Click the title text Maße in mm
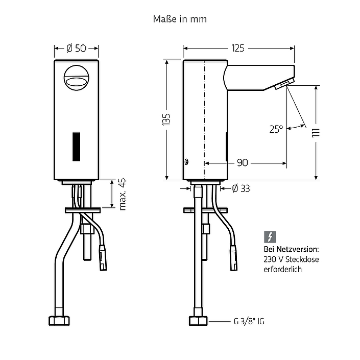click(x=180, y=19)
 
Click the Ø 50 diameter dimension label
click(x=76, y=48)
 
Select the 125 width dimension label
click(x=238, y=48)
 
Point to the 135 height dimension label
click(x=166, y=119)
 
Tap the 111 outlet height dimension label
click(x=316, y=133)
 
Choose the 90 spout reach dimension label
click(x=243, y=163)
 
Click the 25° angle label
click(x=276, y=129)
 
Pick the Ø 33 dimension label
click(x=241, y=188)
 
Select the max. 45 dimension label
click(x=123, y=194)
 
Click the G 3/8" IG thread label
click(x=249, y=321)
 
